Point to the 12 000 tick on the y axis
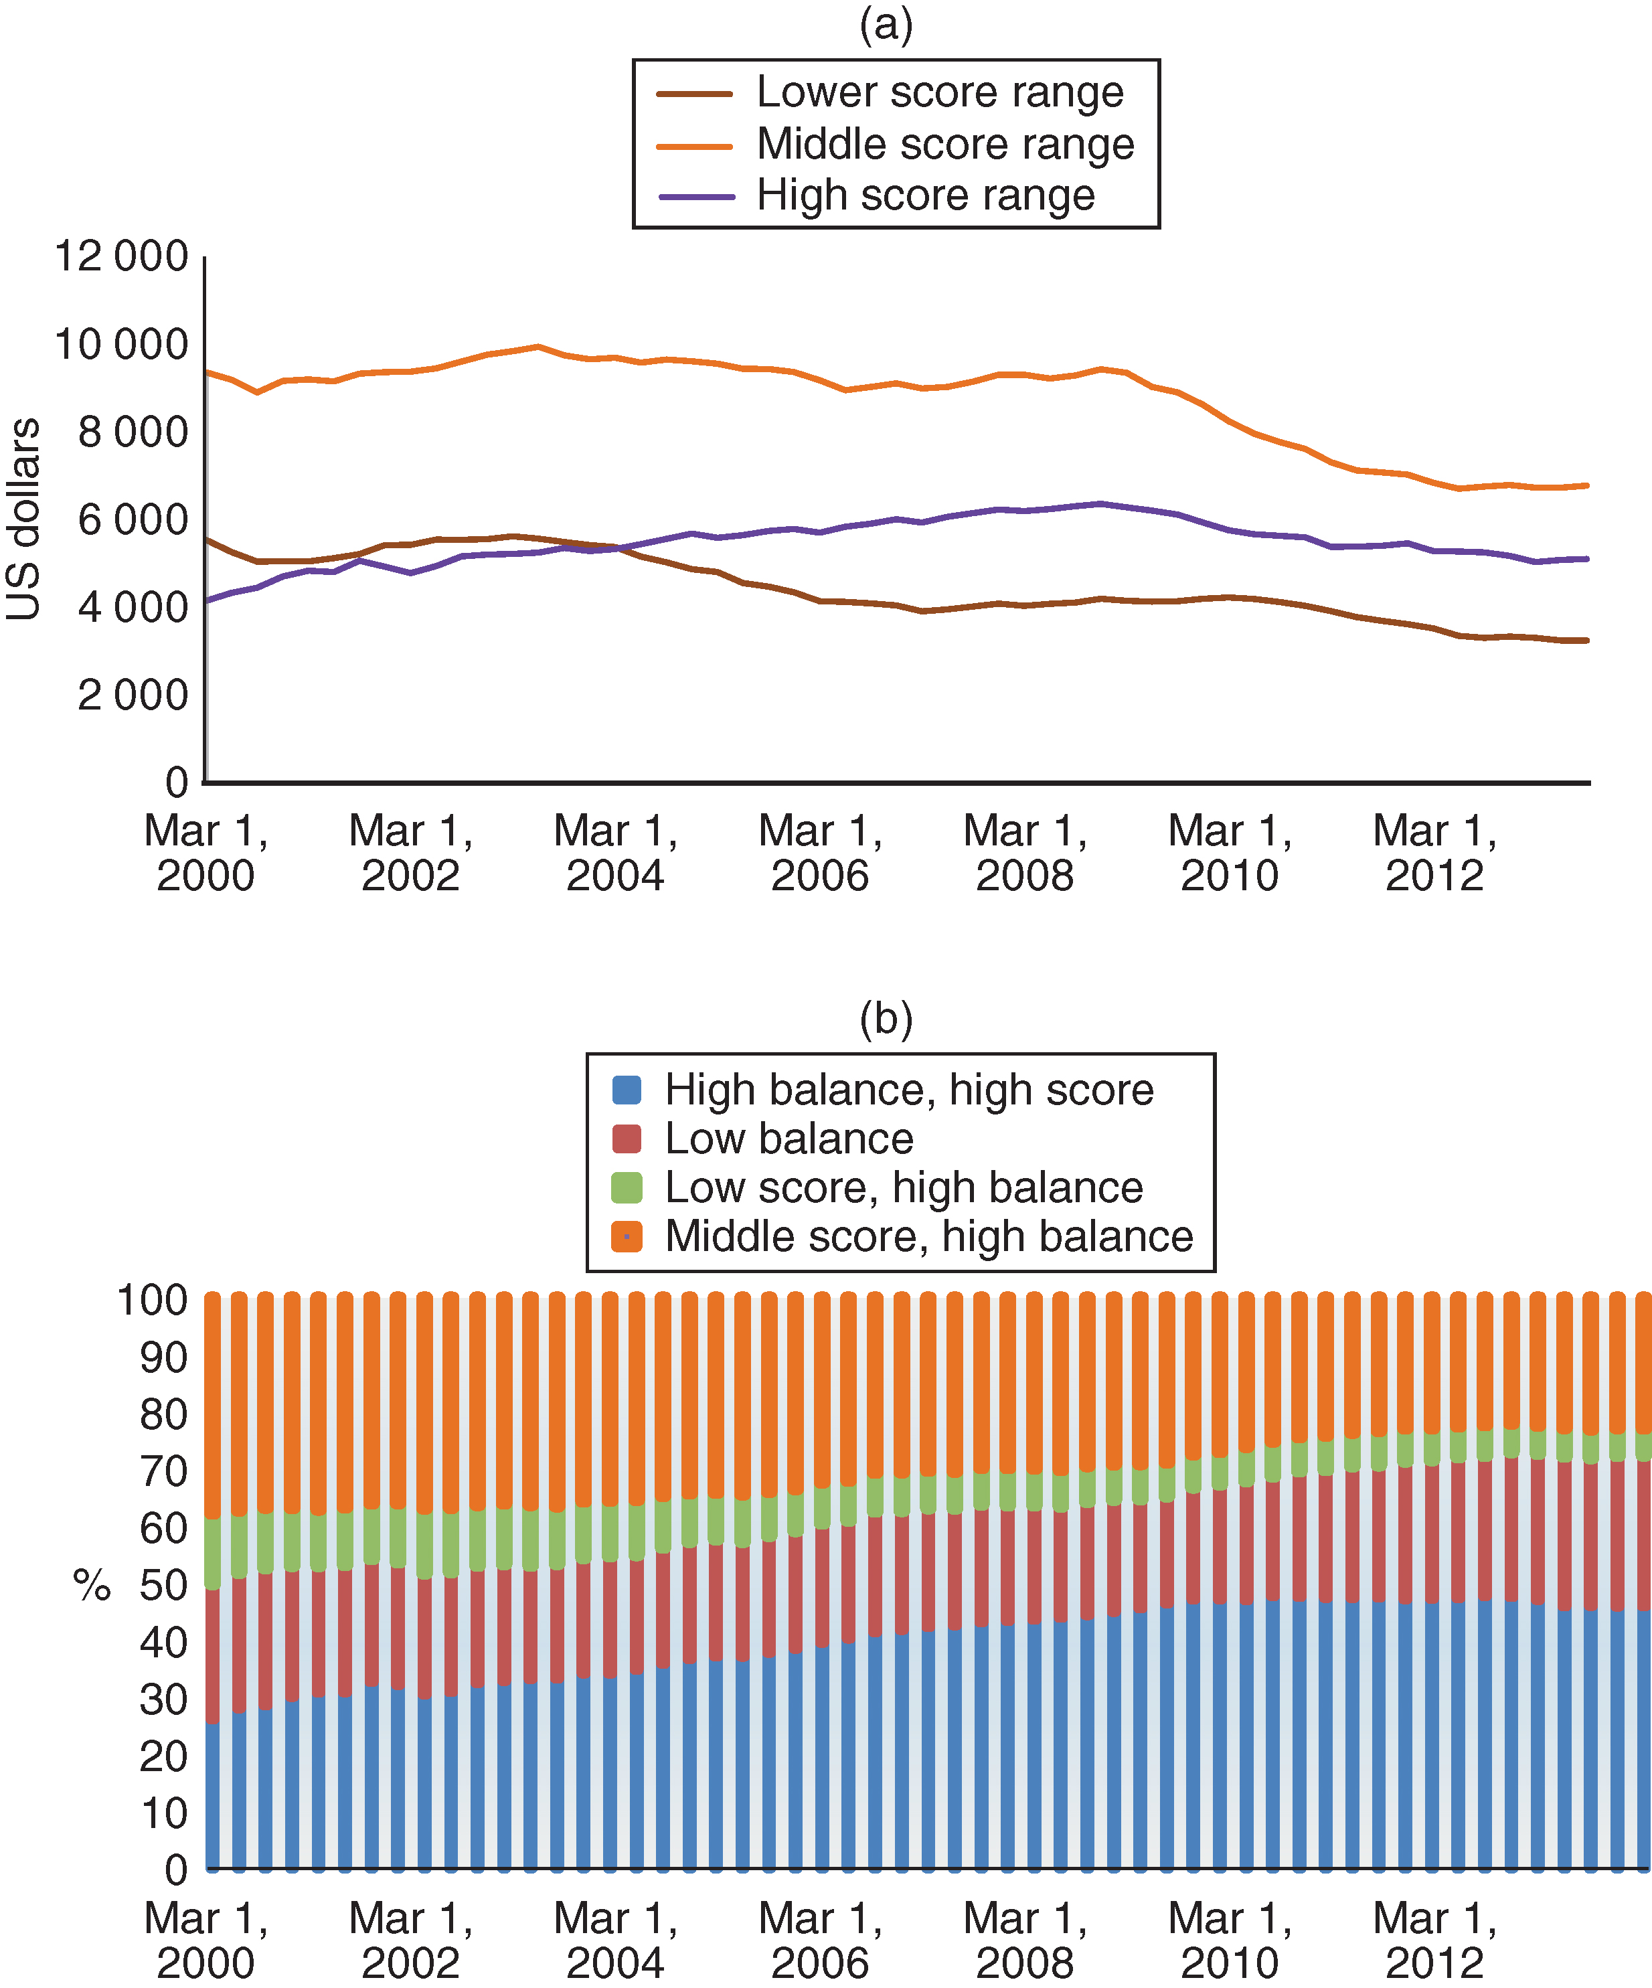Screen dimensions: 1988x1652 point(121,256)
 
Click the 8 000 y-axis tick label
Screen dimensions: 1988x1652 point(133,432)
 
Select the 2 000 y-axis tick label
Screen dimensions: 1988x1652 point(133,696)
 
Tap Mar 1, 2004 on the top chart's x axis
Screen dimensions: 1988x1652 point(615,853)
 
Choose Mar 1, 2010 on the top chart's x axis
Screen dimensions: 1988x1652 point(1230,853)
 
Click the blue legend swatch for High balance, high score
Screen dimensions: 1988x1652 point(627,1090)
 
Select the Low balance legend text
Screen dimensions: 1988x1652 point(789,1139)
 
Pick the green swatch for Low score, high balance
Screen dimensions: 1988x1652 point(627,1187)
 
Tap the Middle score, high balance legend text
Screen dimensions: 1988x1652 point(928,1236)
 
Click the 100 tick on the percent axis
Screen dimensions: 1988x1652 point(151,1301)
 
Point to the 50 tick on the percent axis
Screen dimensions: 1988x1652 point(163,1586)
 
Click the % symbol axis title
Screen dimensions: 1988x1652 point(92,1586)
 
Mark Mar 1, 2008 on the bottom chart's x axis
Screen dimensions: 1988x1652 point(1025,1940)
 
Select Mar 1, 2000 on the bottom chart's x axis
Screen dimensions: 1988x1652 point(205,1940)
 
